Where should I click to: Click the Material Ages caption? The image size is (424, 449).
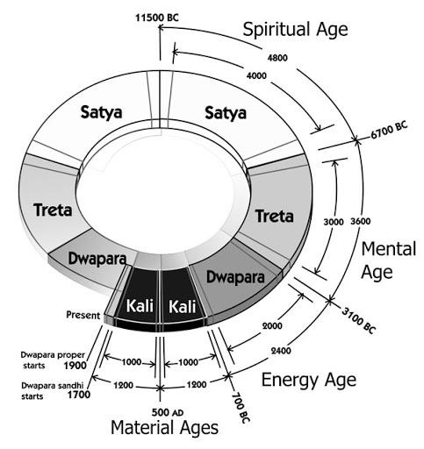pyautogui.click(x=163, y=430)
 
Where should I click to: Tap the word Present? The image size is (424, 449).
pyautogui.click(x=82, y=314)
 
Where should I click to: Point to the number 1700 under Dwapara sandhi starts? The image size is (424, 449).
pyautogui.click(x=71, y=396)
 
